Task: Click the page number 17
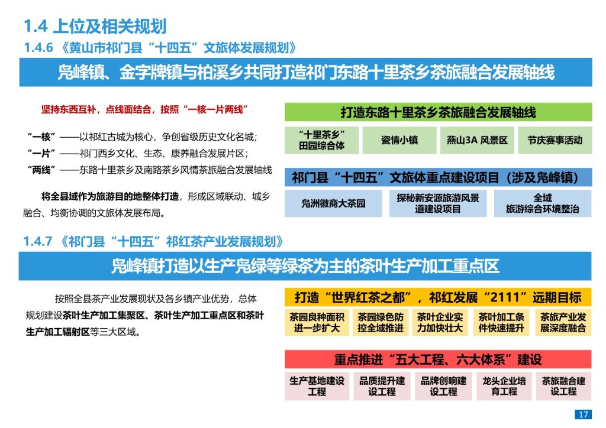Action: [x=583, y=414]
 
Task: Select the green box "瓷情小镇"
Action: [x=399, y=140]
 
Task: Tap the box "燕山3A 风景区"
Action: [x=477, y=140]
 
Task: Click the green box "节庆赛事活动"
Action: [x=555, y=140]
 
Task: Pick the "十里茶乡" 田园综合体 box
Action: [x=321, y=140]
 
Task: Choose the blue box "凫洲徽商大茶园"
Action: [x=334, y=203]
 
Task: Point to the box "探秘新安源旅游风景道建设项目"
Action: [x=438, y=203]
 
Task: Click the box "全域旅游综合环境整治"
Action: [x=543, y=203]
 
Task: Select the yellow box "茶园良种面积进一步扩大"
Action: [x=317, y=323]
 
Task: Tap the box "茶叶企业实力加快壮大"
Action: [x=440, y=323]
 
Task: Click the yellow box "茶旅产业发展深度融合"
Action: [x=563, y=323]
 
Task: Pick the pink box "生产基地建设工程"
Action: [x=317, y=386]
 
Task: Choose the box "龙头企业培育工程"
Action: [x=504, y=386]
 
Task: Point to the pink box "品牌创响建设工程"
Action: [x=443, y=386]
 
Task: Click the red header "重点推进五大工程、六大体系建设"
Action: [x=438, y=359]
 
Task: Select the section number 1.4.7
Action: [x=38, y=242]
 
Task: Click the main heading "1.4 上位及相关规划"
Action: [x=95, y=26]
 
